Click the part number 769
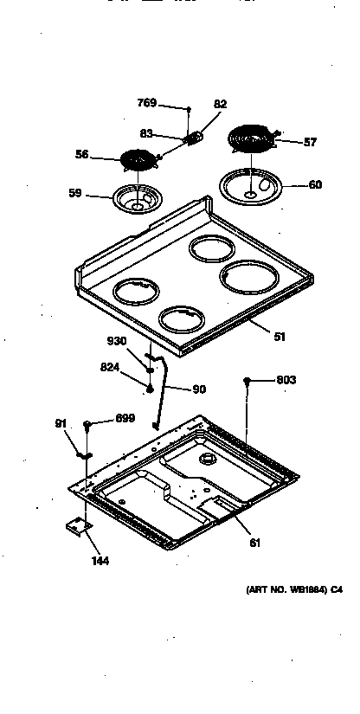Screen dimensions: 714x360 coord(147,103)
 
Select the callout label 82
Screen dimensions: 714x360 coord(220,104)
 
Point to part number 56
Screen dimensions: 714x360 coord(82,155)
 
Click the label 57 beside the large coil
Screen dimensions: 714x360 coord(309,142)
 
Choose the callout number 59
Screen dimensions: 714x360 coord(75,194)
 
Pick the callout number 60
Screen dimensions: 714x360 coord(315,184)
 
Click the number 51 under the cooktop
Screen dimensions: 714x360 coord(280,337)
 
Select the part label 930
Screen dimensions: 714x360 coord(118,342)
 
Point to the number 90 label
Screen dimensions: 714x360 coord(199,389)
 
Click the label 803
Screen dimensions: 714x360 coord(286,380)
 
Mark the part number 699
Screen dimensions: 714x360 coord(126,418)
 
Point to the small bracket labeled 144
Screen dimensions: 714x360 coord(79,527)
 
